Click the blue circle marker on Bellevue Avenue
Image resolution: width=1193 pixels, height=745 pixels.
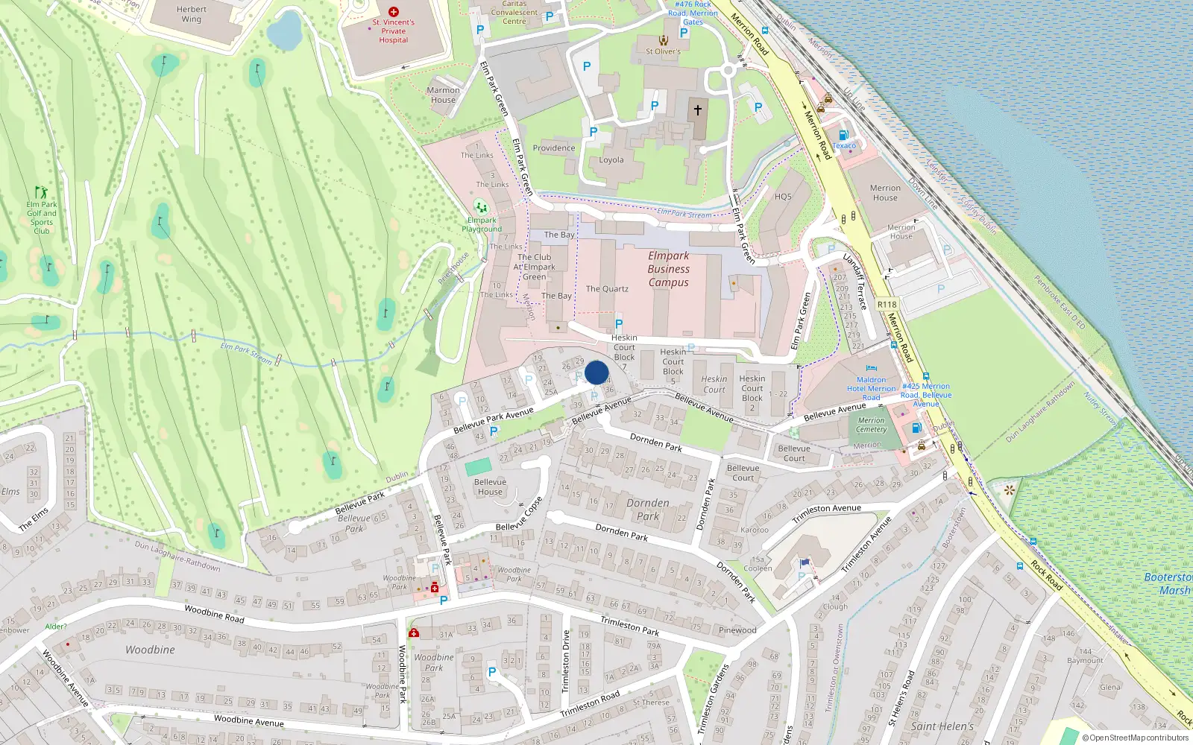pyautogui.click(x=596, y=372)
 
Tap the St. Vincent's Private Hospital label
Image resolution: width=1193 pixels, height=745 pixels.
pyautogui.click(x=393, y=31)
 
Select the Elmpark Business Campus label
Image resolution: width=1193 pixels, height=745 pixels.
pyautogui.click(x=668, y=269)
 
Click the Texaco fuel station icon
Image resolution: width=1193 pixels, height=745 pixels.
pyautogui.click(x=843, y=136)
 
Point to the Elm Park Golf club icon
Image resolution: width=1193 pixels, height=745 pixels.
pyautogui.click(x=41, y=192)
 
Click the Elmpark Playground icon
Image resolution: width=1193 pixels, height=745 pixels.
pyautogui.click(x=481, y=207)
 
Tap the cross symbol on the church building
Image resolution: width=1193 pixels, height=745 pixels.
pyautogui.click(x=698, y=110)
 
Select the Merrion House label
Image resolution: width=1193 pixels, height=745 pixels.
pyautogui.click(x=885, y=193)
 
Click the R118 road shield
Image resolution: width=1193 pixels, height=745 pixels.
pyautogui.click(x=887, y=304)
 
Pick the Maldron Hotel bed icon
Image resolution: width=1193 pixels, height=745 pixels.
pyautogui.click(x=871, y=368)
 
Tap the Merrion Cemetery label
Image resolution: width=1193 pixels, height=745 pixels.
pyautogui.click(x=871, y=425)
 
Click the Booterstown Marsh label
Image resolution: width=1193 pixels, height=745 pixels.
pyautogui.click(x=1168, y=583)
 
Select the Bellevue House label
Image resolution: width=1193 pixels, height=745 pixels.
pyautogui.click(x=490, y=486)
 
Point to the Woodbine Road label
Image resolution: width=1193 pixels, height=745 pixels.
pyautogui.click(x=214, y=613)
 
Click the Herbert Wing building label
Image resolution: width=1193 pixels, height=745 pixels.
pyautogui.click(x=192, y=14)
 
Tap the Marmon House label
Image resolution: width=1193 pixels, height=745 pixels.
pyautogui.click(x=443, y=95)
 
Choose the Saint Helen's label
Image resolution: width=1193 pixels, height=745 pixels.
pyautogui.click(x=942, y=726)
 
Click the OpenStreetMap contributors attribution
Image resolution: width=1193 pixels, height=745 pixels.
pyautogui.click(x=1136, y=738)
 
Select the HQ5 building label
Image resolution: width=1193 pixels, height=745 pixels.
pyautogui.click(x=783, y=197)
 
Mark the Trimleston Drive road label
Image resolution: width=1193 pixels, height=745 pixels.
pyautogui.click(x=565, y=660)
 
